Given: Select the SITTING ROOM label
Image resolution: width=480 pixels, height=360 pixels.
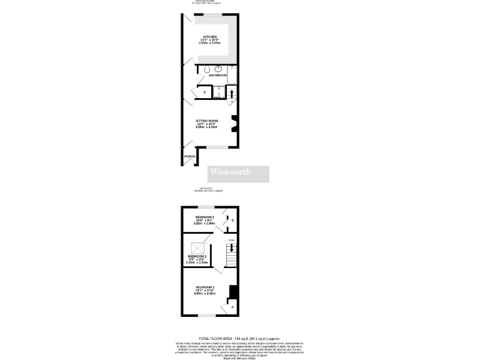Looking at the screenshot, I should pos(207,121).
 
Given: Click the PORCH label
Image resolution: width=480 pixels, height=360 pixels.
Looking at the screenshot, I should pos(189,156).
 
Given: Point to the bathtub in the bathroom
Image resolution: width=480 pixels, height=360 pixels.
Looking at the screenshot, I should pos(232,76).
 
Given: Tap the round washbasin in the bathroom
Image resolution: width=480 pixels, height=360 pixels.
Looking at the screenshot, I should pos(219,69).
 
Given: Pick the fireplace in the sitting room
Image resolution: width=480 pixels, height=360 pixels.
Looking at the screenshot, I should pos(234,124).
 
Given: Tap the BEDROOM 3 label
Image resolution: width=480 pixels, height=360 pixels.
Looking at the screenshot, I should pos(204,217).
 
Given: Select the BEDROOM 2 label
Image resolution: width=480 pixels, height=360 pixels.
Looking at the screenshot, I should pos(197,256).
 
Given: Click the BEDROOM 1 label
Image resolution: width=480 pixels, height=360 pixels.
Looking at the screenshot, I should pos(204,287).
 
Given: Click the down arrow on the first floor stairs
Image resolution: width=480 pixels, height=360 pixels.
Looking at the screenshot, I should pos(233,247).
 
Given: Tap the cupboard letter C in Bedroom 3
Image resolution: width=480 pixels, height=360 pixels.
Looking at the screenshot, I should pos(232,221).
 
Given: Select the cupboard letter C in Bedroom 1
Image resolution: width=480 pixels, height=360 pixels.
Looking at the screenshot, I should pos(232,307).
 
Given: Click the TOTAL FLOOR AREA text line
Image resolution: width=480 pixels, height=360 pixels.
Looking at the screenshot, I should pos(239,337).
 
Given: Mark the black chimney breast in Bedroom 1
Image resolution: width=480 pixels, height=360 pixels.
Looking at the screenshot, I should pos(233,292).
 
